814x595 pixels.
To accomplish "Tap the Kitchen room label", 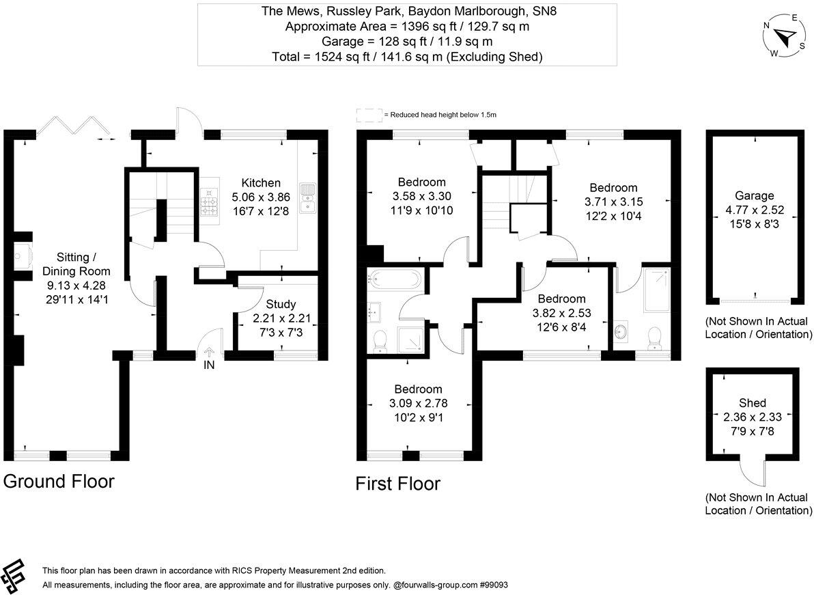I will (261, 183).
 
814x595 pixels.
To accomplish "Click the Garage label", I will (754, 195).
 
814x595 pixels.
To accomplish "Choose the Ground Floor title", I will (59, 481).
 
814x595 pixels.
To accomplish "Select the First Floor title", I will (397, 484).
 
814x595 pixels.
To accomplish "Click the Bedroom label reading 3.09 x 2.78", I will (416, 389).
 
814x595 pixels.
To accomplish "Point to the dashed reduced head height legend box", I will (368, 114).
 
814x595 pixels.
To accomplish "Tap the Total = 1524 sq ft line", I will (407, 57).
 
